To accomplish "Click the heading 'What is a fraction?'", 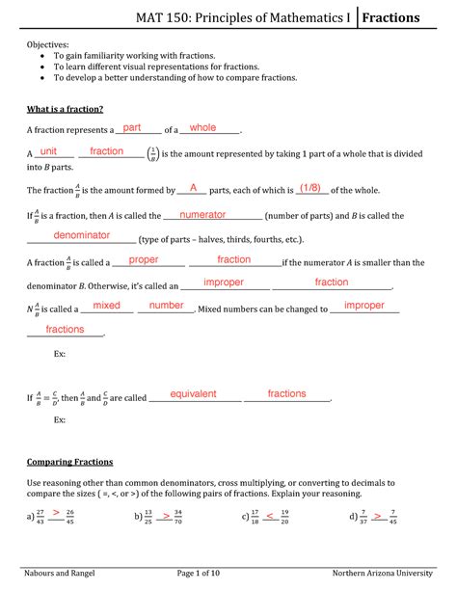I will point(66,108).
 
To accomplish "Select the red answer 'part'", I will point(132,128).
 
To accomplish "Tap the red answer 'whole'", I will point(203,128).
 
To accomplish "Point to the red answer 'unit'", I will point(48,151).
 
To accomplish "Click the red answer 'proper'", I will point(143,260).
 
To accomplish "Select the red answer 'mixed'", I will point(106,306).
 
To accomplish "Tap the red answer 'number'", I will point(166,306).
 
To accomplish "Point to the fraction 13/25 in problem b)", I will point(148,517).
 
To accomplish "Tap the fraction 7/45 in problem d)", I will point(391,517).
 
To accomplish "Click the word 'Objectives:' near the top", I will point(47,44).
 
